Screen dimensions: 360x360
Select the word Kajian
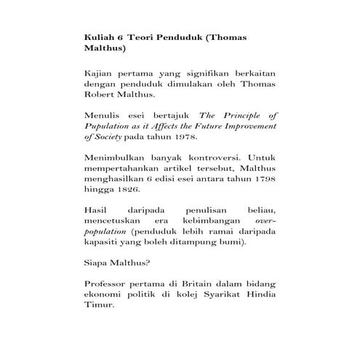pyautogui.click(x=100, y=75)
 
